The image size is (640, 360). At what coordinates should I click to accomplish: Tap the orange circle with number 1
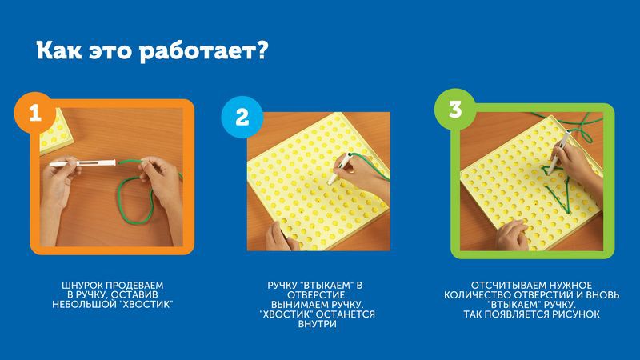[x=35, y=112]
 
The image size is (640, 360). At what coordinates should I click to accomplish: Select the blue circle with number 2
[x=242, y=117]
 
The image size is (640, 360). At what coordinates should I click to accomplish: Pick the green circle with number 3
[x=455, y=110]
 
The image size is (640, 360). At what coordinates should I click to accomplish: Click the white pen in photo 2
[x=339, y=168]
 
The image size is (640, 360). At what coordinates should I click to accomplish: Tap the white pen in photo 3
[x=559, y=151]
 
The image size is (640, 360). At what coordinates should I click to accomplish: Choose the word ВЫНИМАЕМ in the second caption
[x=294, y=305]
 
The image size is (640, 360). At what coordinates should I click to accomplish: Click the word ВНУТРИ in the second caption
[x=317, y=324]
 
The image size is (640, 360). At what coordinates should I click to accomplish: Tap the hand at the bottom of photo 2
[x=282, y=237]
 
